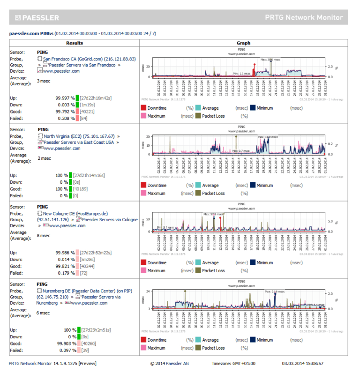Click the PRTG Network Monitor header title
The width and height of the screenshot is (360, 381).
(303, 18)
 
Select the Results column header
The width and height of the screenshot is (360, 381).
(74, 43)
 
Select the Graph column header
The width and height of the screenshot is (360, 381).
(243, 43)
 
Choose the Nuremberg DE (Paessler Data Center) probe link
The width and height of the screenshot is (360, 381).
(88, 291)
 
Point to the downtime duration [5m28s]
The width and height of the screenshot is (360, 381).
(89, 259)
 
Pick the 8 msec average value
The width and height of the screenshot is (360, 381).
(44, 236)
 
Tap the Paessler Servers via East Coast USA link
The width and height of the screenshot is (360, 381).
(78, 142)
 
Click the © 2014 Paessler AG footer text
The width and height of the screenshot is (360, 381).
(169, 363)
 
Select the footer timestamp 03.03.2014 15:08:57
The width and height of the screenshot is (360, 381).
(302, 363)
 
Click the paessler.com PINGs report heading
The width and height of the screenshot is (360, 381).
(31, 33)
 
